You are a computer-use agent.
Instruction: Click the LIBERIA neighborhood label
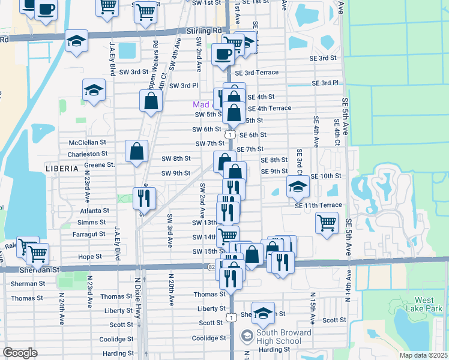pyautogui.click(x=62, y=169)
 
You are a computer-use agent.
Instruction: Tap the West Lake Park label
pyautogui.click(x=424, y=304)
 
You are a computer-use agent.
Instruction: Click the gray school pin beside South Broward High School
pyautogui.click(x=246, y=334)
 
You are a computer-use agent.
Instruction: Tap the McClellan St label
pyautogui.click(x=87, y=143)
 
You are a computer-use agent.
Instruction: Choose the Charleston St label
pyautogui.click(x=87, y=154)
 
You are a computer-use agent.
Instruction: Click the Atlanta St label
pyautogui.click(x=94, y=211)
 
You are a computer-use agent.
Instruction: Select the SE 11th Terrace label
pyautogui.click(x=318, y=205)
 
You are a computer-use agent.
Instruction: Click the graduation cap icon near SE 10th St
pyautogui.click(x=297, y=185)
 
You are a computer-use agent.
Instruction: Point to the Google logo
pyautogui.click(x=20, y=353)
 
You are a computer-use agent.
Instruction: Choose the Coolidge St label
pyautogui.click(x=209, y=338)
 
